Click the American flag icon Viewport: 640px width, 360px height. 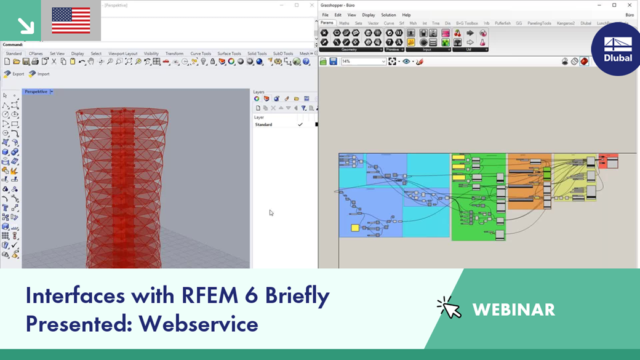pyautogui.click(x=71, y=20)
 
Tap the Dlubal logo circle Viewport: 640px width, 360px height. pyautogui.click(x=617, y=50)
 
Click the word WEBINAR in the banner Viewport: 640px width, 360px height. pyautogui.click(x=513, y=310)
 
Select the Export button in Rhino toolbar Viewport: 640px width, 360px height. pyautogui.click(x=14, y=74)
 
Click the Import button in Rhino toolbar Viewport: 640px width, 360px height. pyautogui.click(x=39, y=74)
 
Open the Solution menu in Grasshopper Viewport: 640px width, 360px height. pyautogui.click(x=388, y=15)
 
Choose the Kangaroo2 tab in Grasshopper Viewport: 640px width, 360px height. pyautogui.click(x=566, y=23)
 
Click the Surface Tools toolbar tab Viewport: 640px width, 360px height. pyautogui.click(x=229, y=54)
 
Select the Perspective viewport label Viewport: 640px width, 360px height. pyautogui.click(x=36, y=92)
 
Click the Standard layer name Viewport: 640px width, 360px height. pyautogui.click(x=263, y=124)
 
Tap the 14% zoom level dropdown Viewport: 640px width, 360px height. pyautogui.click(x=363, y=62)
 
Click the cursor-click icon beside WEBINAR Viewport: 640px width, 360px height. pyautogui.click(x=449, y=307)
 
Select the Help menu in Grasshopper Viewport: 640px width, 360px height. pyautogui.click(x=406, y=15)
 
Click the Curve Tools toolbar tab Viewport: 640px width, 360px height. pyautogui.click(x=201, y=54)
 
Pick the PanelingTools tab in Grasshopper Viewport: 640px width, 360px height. pyautogui.click(x=539, y=23)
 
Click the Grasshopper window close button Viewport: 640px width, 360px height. pyautogui.click(x=630, y=5)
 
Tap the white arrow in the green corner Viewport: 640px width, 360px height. pyautogui.click(x=26, y=25)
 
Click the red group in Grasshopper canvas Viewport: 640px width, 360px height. pyautogui.click(x=608, y=161)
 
